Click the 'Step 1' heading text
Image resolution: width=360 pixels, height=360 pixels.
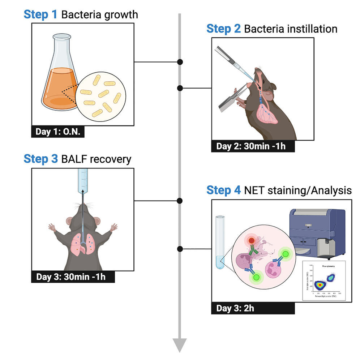pyautogui.click(x=40, y=15)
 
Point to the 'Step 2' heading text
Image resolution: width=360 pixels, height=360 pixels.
pyautogui.click(x=223, y=29)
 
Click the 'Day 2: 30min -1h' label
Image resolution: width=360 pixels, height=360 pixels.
pyautogui.click(x=253, y=146)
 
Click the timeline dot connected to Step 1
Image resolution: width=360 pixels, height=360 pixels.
pyautogui.click(x=180, y=62)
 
